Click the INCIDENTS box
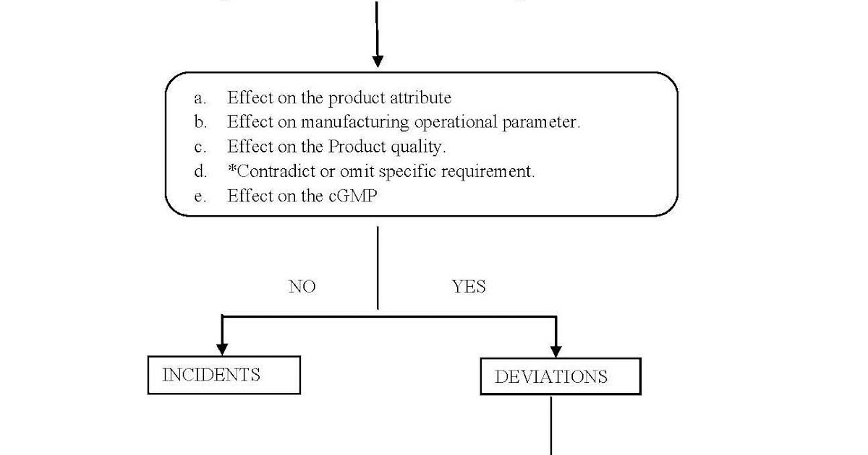(224, 375)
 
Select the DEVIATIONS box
(560, 376)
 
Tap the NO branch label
(302, 287)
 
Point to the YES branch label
(469, 287)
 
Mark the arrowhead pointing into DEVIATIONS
(556, 350)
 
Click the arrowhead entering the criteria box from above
(377, 60)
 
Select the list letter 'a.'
(200, 97)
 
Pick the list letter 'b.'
(200, 122)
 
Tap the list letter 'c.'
(200, 147)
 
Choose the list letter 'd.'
(200, 172)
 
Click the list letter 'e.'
(200, 196)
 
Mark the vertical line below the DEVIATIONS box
(552, 426)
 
